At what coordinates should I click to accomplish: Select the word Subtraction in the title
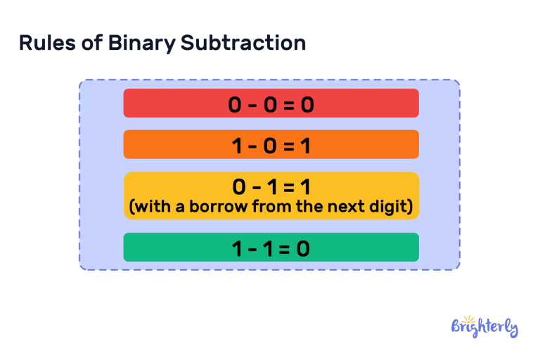click(243, 43)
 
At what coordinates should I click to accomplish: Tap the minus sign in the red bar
click(253, 105)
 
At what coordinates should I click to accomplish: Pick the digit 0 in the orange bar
click(271, 146)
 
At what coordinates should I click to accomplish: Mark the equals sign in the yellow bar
click(288, 187)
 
